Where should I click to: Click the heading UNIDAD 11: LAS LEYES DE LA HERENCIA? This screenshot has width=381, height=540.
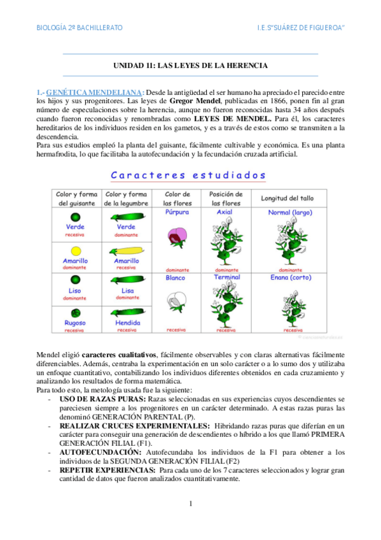190,66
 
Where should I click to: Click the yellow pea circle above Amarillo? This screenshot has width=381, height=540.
76,250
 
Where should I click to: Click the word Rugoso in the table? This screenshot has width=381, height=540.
75,322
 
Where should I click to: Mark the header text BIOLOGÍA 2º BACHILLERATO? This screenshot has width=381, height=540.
80,28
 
